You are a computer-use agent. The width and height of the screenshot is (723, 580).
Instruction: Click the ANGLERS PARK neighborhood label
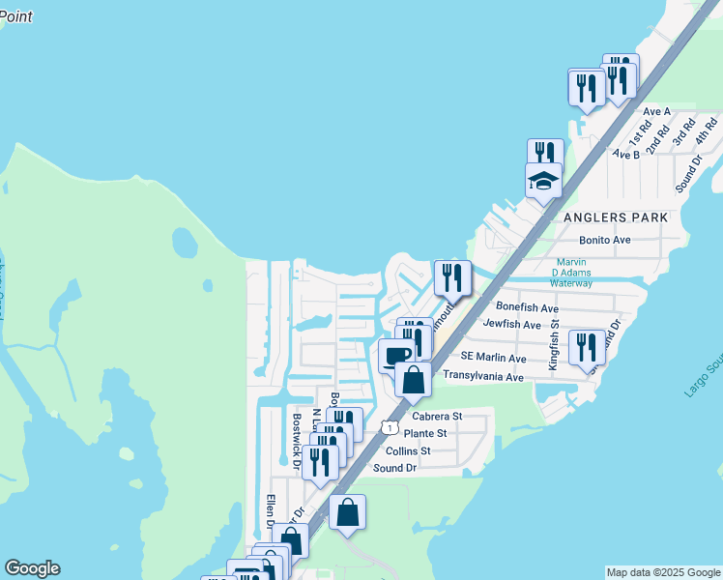point(615,218)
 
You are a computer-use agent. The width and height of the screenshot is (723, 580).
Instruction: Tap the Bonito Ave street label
point(604,240)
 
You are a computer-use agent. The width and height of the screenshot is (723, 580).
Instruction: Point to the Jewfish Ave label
point(511,325)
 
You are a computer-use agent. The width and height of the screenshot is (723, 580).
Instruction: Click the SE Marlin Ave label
point(494,358)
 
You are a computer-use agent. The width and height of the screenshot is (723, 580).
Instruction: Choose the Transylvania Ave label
point(482,375)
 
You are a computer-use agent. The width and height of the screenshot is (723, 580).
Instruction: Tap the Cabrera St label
point(431,417)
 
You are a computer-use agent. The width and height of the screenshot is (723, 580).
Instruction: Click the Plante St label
point(425,434)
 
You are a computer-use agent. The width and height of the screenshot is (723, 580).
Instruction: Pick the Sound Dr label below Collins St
point(394,468)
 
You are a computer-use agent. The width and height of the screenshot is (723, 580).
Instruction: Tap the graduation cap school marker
point(543,181)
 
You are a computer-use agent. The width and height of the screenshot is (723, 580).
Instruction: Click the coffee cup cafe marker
point(395,356)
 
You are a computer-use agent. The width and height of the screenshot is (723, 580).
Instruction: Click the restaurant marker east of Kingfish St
point(586,346)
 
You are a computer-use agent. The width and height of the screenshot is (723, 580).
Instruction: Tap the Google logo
point(32,568)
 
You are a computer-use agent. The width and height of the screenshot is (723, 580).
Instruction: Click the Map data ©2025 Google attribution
point(663,572)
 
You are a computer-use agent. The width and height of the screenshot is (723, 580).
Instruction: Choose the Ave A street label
point(656,112)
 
